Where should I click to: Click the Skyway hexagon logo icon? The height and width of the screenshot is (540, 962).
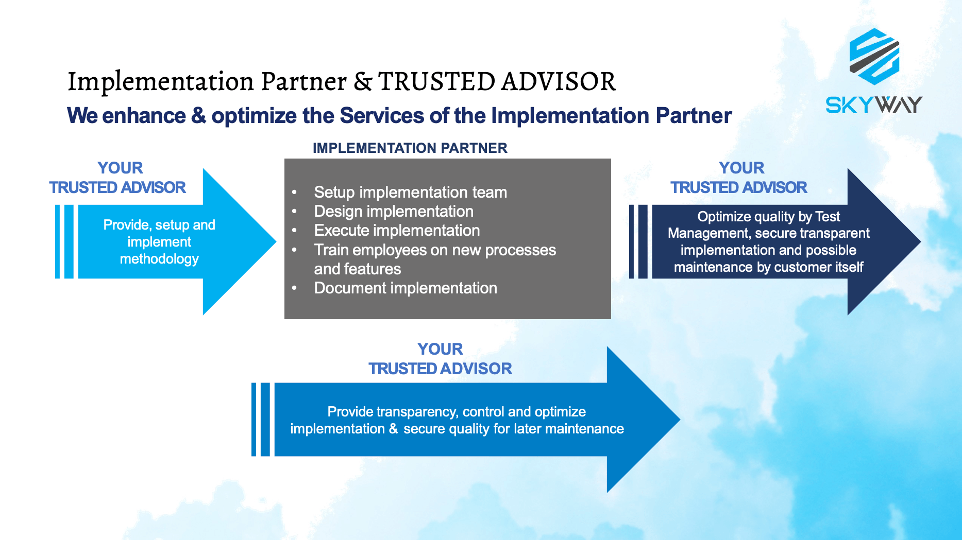pyautogui.click(x=874, y=57)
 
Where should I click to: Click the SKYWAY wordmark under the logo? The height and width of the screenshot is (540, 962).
pyautogui.click(x=874, y=105)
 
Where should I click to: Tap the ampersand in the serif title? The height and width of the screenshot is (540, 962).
pyautogui.click(x=363, y=81)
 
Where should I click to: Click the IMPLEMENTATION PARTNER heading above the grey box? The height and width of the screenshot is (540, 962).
pyautogui.click(x=410, y=148)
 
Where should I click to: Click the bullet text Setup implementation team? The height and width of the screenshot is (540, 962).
pyautogui.click(x=411, y=193)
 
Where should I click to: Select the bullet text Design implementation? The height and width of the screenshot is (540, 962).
pyautogui.click(x=394, y=212)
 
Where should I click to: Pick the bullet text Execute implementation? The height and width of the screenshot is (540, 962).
pyautogui.click(x=397, y=231)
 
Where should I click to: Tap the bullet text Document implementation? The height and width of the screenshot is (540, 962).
pyautogui.click(x=406, y=288)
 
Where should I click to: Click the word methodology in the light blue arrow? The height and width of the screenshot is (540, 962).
pyautogui.click(x=159, y=259)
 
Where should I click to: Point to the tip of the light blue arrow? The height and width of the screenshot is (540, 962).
pyautogui.click(x=276, y=241)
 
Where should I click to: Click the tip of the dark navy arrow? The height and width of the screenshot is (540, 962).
pyautogui.click(x=921, y=241)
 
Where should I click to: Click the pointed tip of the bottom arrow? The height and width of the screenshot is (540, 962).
pyautogui.click(x=680, y=420)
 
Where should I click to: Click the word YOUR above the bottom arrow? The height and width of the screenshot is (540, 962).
pyautogui.click(x=440, y=349)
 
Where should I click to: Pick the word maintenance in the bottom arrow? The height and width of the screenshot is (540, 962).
pyautogui.click(x=584, y=429)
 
